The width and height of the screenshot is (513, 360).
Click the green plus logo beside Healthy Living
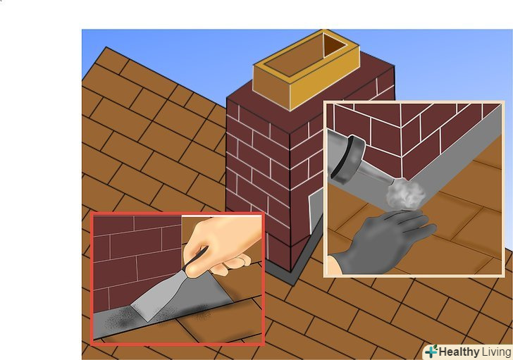(432, 352)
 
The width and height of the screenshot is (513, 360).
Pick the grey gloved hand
(390, 242)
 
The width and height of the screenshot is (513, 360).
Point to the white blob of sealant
(406, 194)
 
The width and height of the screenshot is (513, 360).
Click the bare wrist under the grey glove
(334, 266)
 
